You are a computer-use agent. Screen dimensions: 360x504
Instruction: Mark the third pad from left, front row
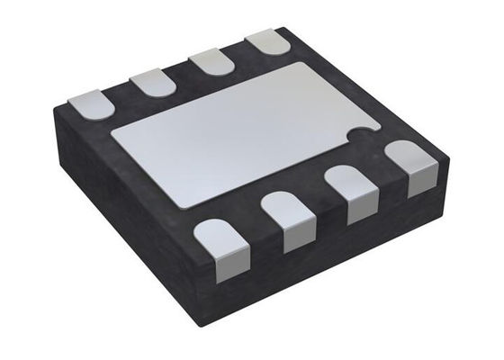pyautogui.click(x=354, y=193)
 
